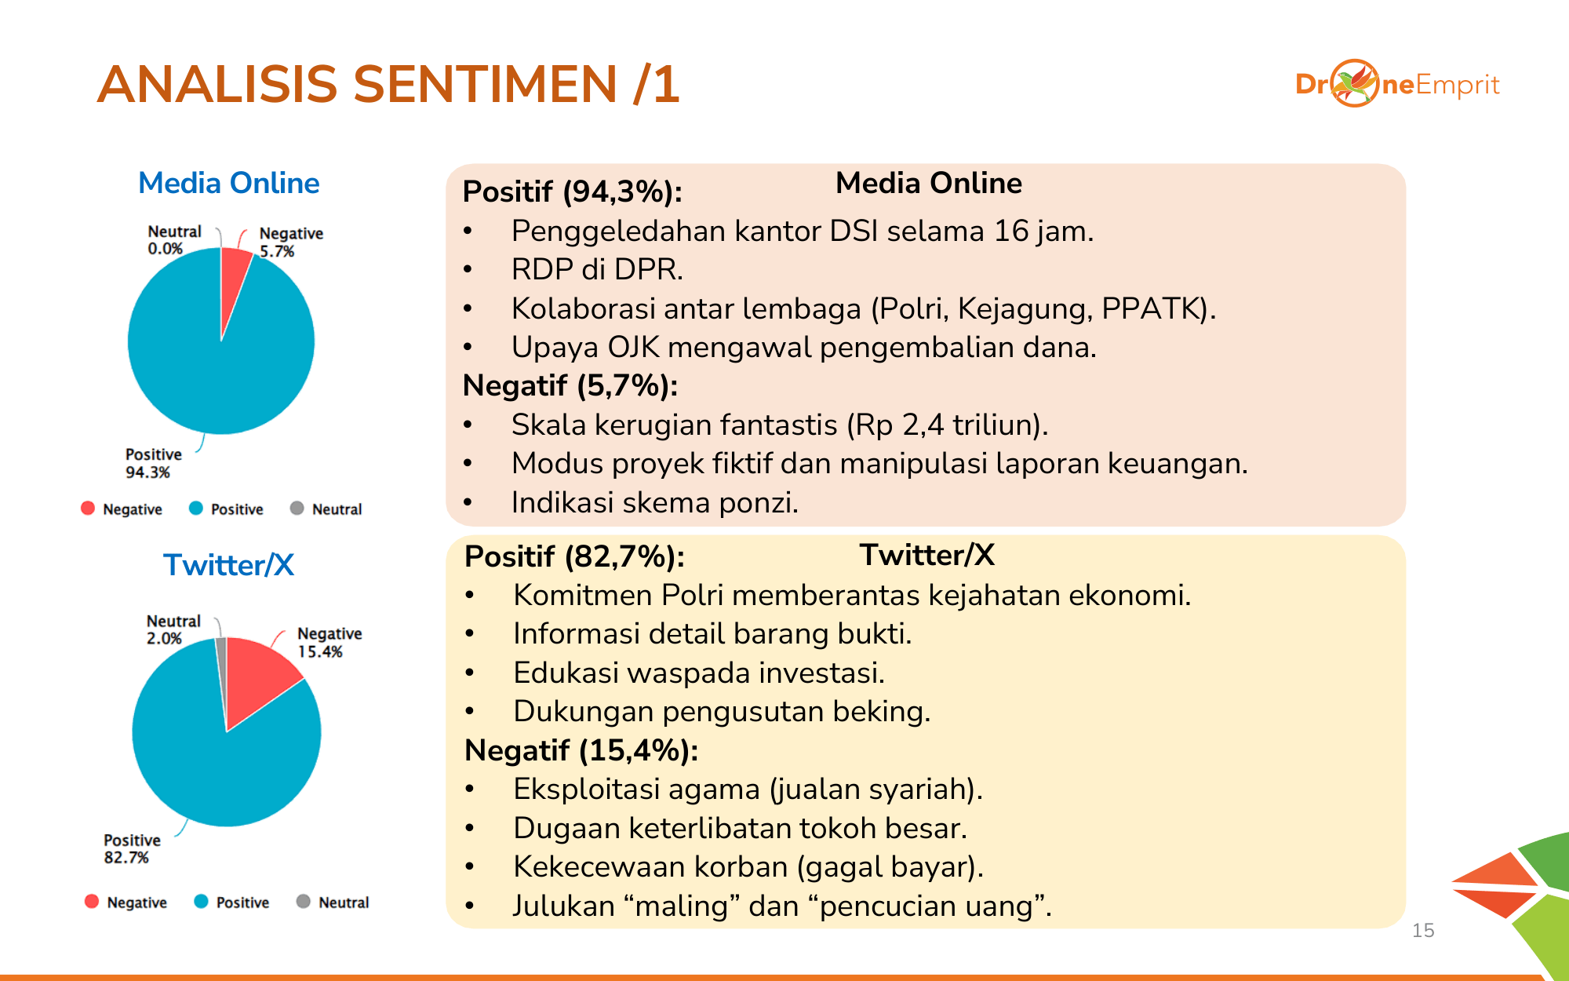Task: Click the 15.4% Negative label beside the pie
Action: pos(329,642)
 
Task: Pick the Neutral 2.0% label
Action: pos(173,629)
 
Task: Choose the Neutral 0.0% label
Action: pos(174,240)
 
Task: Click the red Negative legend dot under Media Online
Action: pos(88,508)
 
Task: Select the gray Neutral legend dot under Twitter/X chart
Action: pos(304,901)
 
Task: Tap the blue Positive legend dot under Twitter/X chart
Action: pos(202,901)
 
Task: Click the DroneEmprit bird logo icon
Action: pos(1355,83)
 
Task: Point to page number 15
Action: pos(1423,931)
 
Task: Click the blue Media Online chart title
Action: pos(229,183)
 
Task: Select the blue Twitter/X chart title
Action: pos(229,565)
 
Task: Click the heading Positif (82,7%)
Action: pos(574,556)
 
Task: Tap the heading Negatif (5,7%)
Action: pos(570,385)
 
